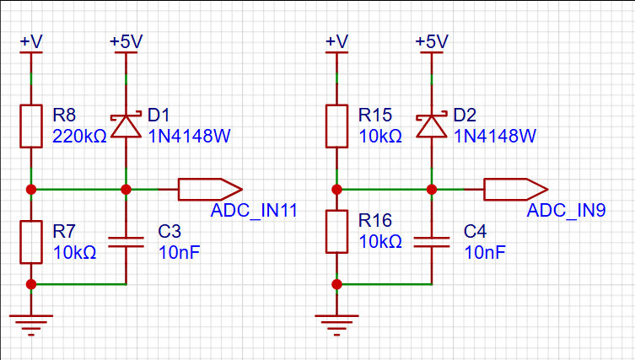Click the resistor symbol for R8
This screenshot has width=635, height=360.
pos(31,126)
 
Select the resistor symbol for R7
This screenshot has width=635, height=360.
pos(31,242)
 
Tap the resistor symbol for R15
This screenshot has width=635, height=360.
pos(336,126)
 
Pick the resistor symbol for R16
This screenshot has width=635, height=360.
pos(336,231)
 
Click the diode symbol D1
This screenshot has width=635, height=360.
pos(126,126)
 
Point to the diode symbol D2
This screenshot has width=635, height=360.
pos(432,126)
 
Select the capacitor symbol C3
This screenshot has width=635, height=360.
pos(126,242)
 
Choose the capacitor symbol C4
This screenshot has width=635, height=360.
pos(432,242)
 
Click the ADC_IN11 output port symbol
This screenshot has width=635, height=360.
pos(210,189)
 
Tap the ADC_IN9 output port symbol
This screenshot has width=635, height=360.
pos(516,189)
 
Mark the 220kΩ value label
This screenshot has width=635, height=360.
pos(80,137)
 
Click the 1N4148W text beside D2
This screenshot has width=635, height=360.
pos(495,136)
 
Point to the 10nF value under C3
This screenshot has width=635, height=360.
pos(180,252)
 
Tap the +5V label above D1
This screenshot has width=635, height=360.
pos(126,41)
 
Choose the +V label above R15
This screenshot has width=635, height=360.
pos(336,41)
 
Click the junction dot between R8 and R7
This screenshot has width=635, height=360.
pos(31,189)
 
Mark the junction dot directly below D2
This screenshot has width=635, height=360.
pos(432,189)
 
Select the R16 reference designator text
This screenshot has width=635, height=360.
pos(375,220)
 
